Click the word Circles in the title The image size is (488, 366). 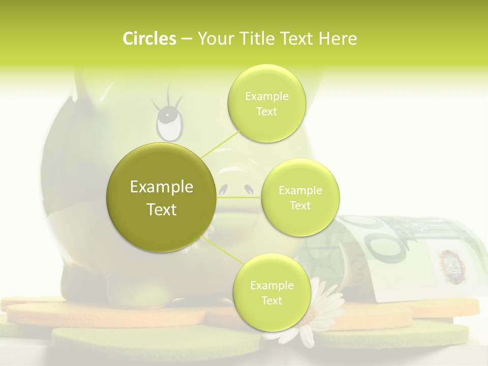pos(149,39)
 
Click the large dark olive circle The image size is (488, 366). pos(162,197)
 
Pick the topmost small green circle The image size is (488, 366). pos(266,103)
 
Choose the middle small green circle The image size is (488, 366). pos(300,197)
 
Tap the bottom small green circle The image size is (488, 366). pos(271,293)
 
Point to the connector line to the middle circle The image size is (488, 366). pos(239,197)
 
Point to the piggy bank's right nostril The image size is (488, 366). pos(249,189)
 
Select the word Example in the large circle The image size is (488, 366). pos(162,187)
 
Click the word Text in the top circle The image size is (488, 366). pos(266,111)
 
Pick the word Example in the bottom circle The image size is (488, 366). pos(271,285)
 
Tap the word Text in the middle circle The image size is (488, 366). pos(300,205)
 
